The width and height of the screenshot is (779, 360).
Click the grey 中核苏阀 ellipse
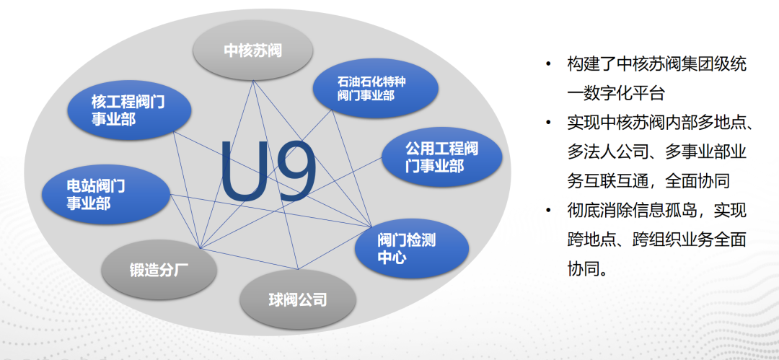point(253,51)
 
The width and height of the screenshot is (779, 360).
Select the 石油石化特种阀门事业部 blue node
point(375,89)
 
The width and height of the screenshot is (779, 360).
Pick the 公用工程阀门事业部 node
point(441,156)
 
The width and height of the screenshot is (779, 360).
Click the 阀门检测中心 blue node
point(412,249)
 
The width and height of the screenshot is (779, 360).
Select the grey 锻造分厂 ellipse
point(159,271)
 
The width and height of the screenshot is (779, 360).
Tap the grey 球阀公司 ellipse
point(298,300)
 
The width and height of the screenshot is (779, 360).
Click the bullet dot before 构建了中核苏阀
point(548,63)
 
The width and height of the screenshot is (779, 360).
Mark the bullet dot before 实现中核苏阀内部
point(548,123)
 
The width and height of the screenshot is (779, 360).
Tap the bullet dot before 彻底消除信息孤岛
point(548,211)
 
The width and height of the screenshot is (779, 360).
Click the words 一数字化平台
point(616,94)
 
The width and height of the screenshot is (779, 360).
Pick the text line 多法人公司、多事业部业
point(657,152)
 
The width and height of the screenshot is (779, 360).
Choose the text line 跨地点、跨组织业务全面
point(657,240)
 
